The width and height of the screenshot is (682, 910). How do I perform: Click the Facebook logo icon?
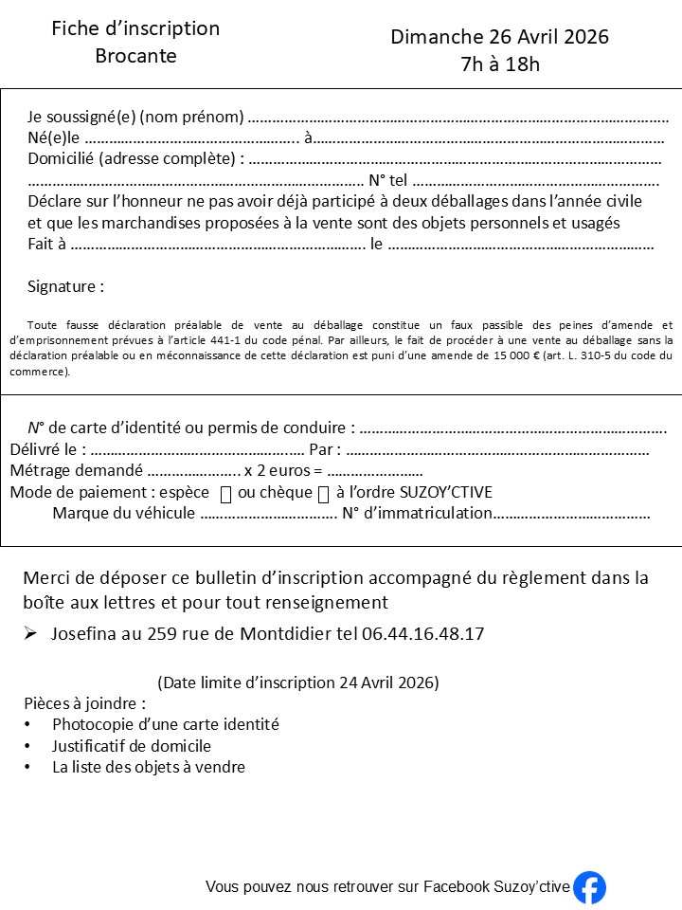point(589,887)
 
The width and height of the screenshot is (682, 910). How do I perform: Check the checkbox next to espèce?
point(225,494)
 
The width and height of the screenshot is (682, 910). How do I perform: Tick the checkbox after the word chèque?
point(323,494)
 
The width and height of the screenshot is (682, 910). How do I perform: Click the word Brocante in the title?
point(135,56)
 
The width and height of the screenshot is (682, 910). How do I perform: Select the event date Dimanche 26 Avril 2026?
point(499,37)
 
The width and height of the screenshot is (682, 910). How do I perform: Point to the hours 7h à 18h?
point(499,64)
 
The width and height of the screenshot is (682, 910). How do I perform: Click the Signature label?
point(65,286)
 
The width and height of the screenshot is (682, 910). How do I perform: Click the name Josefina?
point(86,633)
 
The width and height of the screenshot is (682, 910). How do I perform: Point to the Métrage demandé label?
point(76,470)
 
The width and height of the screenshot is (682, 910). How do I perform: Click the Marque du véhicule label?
point(123,514)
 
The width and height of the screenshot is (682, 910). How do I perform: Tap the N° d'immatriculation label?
point(417,514)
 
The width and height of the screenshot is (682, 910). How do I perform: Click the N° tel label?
point(387,180)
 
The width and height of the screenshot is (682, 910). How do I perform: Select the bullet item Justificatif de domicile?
point(132,746)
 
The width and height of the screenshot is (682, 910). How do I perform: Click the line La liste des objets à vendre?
point(149,767)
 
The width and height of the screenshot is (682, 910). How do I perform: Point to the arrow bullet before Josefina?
point(31,633)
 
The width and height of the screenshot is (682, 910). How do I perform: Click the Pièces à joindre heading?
point(84,703)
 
